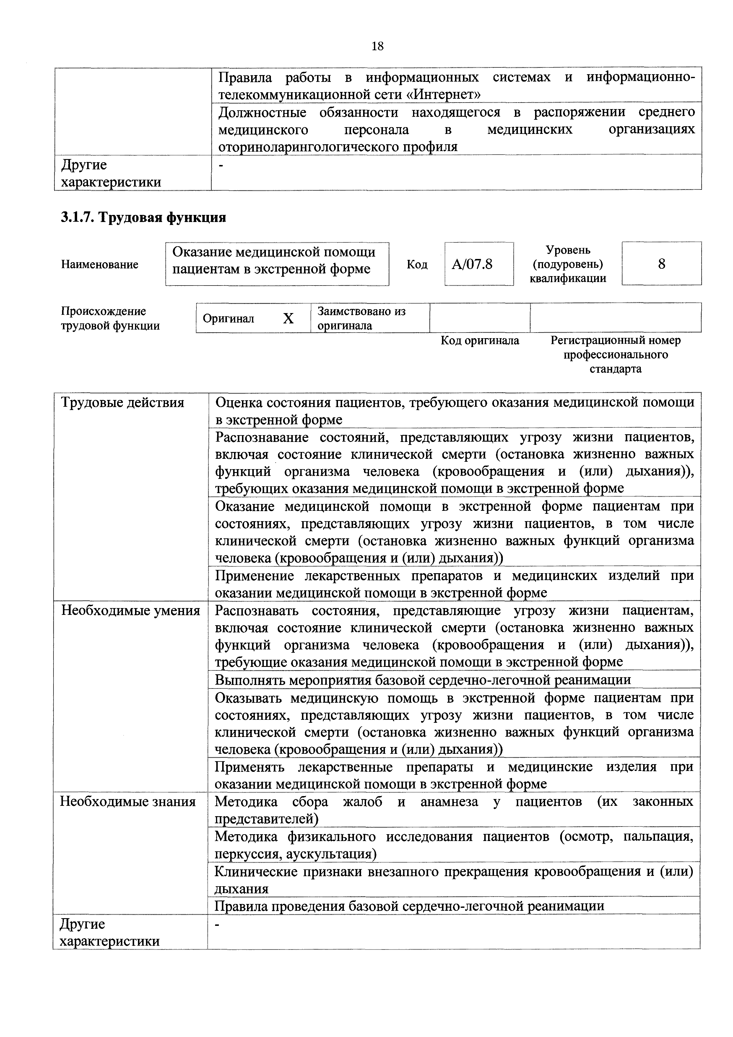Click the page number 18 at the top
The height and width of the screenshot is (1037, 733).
point(377,46)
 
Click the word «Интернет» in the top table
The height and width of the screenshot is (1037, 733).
point(447,95)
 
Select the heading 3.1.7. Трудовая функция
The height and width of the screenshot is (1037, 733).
point(144,218)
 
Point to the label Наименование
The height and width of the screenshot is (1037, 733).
point(100,265)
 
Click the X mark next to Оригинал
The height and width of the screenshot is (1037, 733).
point(288,319)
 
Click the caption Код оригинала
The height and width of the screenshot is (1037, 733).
point(480,341)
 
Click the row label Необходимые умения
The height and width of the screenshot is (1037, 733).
point(131,611)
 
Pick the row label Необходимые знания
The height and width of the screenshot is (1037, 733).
point(128,802)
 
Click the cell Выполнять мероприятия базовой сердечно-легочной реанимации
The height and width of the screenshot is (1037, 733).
point(422,680)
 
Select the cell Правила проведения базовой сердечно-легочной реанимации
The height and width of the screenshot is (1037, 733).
point(409,906)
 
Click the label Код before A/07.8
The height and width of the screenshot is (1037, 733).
point(417,265)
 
